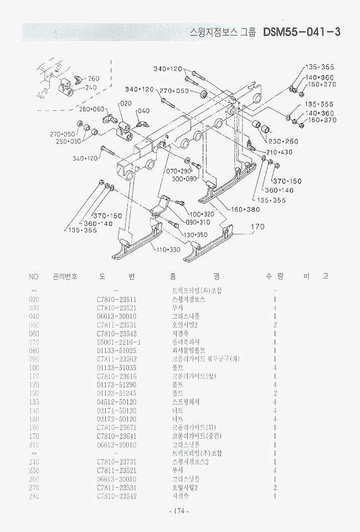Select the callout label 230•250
pyautogui.click(x=283, y=141)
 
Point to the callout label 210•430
pyautogui.click(x=279, y=152)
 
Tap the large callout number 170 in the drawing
pyautogui.click(x=258, y=227)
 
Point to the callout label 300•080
pyautogui.click(x=184, y=179)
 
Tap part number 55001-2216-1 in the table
pyautogui.click(x=119, y=342)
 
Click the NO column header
pyautogui.click(x=34, y=276)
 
